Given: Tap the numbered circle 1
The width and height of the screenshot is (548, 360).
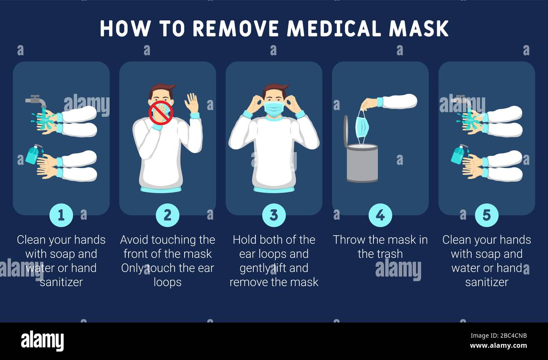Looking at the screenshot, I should [x=61, y=215].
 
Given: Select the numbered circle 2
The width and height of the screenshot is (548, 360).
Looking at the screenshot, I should [x=167, y=215].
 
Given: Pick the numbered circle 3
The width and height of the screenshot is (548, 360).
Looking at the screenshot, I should [x=274, y=215].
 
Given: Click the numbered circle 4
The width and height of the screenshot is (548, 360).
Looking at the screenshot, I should [x=380, y=215].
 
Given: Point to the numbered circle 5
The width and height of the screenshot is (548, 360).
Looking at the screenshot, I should [x=486, y=215].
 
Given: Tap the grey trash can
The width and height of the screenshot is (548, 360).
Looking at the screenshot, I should [x=362, y=163].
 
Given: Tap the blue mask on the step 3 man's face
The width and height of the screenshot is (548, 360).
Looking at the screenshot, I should [x=274, y=108].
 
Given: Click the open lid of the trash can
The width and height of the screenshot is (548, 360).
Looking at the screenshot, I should [x=346, y=131].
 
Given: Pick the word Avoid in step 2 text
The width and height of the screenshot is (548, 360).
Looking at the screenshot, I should [x=134, y=240].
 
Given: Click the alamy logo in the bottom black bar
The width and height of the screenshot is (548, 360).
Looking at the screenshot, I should [x=42, y=341].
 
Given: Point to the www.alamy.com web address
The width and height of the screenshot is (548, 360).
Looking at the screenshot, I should [x=498, y=346].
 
